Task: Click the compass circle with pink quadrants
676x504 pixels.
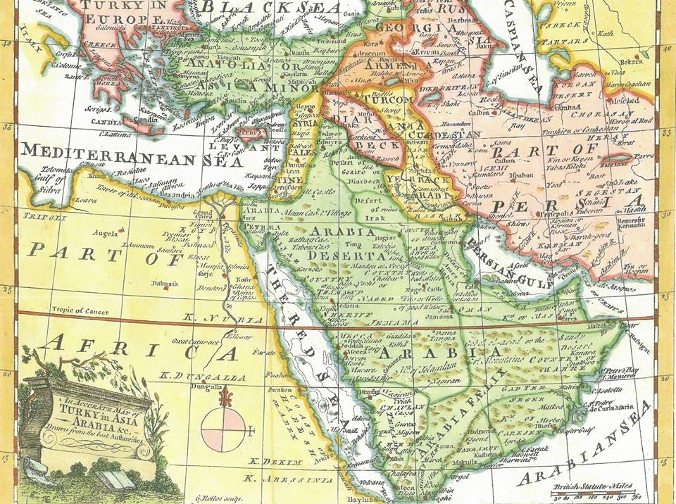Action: click(223, 429)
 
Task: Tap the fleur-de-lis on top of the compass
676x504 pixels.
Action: click(226, 398)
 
